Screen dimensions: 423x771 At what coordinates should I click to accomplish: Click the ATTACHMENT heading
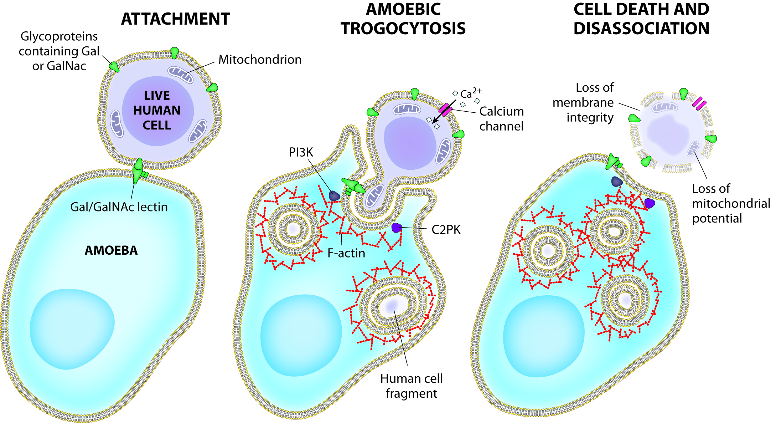[x=175, y=19]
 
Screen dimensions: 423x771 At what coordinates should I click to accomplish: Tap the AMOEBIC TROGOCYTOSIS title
[x=403, y=19]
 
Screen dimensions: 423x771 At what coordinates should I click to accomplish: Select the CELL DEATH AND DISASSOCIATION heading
[x=641, y=19]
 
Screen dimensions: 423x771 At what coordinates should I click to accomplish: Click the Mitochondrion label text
[x=260, y=60]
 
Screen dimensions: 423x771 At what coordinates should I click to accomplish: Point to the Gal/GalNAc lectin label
[x=119, y=207]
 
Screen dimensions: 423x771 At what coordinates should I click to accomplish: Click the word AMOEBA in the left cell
[x=111, y=250]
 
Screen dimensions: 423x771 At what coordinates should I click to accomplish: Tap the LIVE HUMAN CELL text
[x=157, y=111]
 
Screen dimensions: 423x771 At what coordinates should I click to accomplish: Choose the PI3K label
[x=300, y=152]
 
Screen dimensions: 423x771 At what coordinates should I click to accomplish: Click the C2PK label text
[x=446, y=230]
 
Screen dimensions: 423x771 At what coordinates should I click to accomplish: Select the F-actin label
[x=346, y=253]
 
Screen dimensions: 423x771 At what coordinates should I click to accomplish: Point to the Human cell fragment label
[x=411, y=386]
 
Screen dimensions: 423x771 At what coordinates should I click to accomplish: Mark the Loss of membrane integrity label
[x=583, y=102]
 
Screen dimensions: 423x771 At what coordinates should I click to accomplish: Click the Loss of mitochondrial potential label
[x=731, y=203]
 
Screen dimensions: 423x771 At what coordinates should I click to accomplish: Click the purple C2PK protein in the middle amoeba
[x=397, y=228]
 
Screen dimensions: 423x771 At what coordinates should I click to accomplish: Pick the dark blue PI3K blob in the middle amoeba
[x=334, y=195]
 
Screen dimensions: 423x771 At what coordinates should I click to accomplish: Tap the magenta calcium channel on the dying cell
[x=699, y=103]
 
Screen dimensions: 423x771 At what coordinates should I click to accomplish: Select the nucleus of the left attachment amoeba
[x=72, y=329]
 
